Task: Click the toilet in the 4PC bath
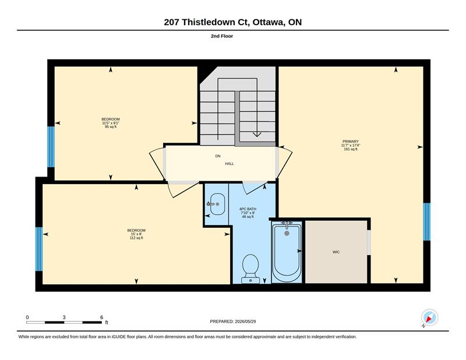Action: click(250, 269)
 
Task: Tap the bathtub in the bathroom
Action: click(287, 252)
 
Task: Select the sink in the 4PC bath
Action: click(217, 204)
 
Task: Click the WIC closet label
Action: click(336, 252)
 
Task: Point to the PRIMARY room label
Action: click(351, 142)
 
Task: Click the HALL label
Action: click(230, 164)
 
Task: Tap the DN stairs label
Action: click(218, 156)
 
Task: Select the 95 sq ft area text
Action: click(111, 126)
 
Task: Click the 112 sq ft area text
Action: click(136, 238)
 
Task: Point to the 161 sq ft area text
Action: click(351, 149)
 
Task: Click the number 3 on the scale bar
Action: click(64, 317)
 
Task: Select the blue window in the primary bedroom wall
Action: click(426, 222)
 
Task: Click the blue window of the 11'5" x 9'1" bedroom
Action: click(51, 147)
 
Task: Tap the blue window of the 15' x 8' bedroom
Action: click(39, 249)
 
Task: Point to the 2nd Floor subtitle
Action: click(222, 36)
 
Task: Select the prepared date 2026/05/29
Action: click(245, 322)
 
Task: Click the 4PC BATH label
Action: click(248, 209)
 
